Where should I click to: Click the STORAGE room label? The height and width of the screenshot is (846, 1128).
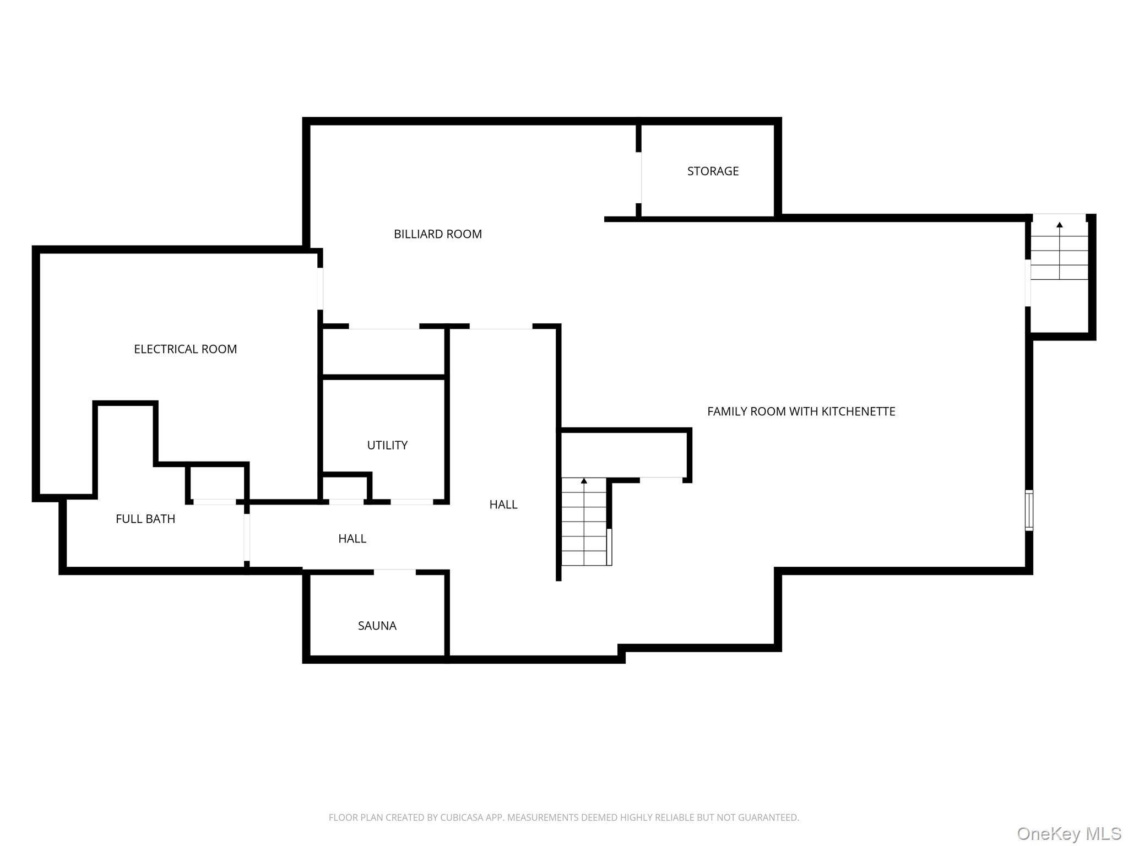(x=713, y=171)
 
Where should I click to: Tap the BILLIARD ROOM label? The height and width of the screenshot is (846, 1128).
(x=437, y=234)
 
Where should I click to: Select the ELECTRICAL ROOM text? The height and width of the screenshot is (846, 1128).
(x=185, y=349)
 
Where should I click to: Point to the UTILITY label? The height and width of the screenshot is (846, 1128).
(x=387, y=445)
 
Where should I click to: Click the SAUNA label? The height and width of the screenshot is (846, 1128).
(x=377, y=626)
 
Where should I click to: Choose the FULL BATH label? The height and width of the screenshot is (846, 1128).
(x=145, y=519)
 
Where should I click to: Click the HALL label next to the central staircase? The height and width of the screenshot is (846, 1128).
(x=503, y=505)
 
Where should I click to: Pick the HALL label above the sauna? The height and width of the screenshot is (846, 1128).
(x=352, y=539)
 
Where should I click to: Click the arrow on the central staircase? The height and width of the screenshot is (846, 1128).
(x=584, y=481)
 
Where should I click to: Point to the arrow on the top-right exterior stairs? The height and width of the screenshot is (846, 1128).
(x=1059, y=225)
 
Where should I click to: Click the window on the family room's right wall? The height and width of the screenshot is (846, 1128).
(x=1028, y=510)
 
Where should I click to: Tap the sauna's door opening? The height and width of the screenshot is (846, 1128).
(x=394, y=572)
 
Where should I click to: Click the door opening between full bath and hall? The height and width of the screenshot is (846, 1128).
(x=247, y=537)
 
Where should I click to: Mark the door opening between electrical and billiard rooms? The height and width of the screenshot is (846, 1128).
(x=320, y=289)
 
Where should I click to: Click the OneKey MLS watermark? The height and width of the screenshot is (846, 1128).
(x=1069, y=833)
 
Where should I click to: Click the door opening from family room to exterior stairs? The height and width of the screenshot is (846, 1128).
(x=1028, y=283)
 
